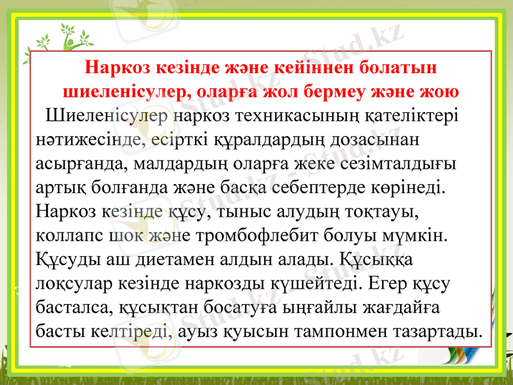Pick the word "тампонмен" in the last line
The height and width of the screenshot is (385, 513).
tap(364, 332)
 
